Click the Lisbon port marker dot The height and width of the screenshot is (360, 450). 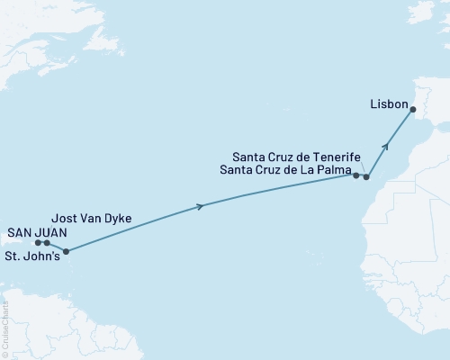pyautogui.click(x=413, y=110)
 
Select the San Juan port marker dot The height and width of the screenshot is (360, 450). pyautogui.click(x=39, y=242)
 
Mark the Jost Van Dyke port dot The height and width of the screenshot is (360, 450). pyautogui.click(x=47, y=243)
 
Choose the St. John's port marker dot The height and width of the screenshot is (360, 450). pyautogui.click(x=65, y=252)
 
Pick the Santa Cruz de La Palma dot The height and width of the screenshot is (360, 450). pyautogui.click(x=356, y=175)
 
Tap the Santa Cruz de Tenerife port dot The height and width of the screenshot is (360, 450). pyautogui.click(x=366, y=176)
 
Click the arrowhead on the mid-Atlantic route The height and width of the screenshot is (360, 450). pyautogui.click(x=199, y=206)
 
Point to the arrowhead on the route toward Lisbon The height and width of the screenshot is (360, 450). pyautogui.click(x=387, y=143)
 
